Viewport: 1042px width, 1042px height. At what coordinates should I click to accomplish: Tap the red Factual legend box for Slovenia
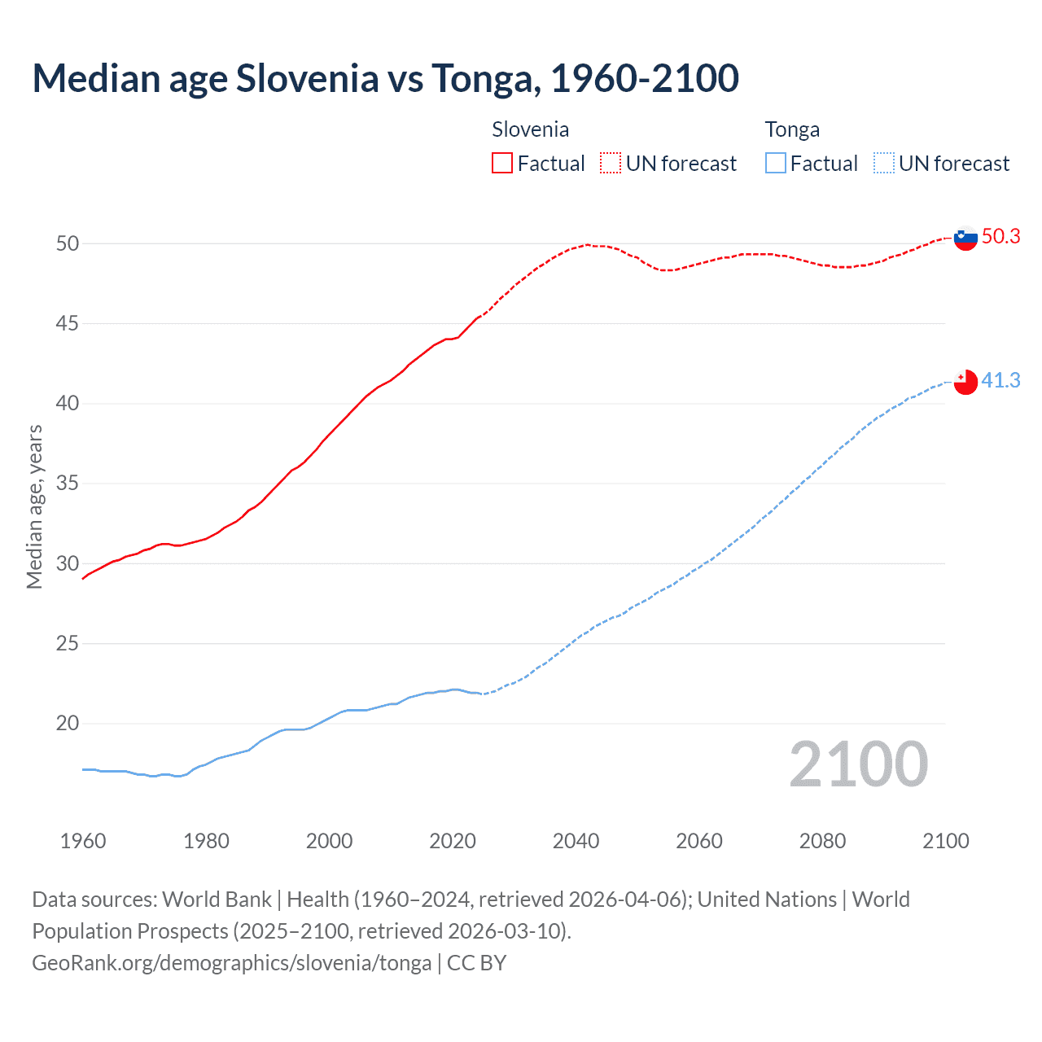502,164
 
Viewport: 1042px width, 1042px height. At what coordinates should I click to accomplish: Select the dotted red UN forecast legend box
611,164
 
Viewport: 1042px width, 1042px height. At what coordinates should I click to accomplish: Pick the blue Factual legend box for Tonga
776,164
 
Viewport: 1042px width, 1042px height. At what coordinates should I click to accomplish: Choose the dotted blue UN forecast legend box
884,164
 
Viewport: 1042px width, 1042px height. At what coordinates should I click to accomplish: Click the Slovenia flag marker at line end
965,239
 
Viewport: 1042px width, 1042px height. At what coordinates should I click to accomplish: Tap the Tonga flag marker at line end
965,381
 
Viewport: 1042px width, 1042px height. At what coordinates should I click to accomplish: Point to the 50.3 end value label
1001,237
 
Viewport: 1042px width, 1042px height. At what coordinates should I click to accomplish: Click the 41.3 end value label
1001,380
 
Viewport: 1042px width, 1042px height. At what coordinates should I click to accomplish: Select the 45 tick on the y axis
68,324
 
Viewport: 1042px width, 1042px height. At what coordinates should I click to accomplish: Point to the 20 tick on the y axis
68,724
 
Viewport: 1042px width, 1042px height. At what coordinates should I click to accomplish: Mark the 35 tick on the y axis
68,484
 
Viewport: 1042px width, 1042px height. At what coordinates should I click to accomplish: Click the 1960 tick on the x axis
83,841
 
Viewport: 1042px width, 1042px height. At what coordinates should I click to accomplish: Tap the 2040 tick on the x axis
576,841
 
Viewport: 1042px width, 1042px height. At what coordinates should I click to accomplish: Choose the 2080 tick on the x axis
822,841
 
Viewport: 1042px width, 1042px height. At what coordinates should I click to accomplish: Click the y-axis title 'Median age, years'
34,506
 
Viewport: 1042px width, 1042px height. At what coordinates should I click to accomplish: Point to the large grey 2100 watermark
858,764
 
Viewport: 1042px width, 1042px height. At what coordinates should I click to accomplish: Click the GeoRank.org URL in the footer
232,963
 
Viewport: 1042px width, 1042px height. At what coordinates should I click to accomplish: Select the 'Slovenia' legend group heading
531,129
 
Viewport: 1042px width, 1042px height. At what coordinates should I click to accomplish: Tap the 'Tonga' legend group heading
792,129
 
